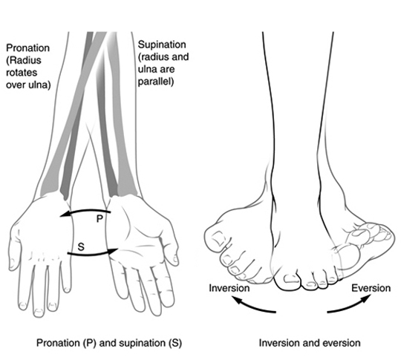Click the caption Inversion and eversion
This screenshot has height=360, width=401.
(309, 343)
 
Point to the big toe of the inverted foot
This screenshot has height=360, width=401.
(219, 240)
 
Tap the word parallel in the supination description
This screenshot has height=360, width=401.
(156, 82)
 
